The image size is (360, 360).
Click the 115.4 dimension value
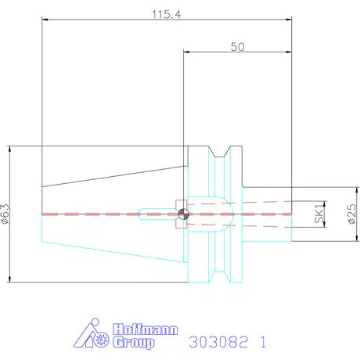167,14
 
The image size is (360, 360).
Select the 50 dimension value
238,47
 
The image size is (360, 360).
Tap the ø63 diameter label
5,214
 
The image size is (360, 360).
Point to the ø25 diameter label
352,214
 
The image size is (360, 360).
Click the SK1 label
319,214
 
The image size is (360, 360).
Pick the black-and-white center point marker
183,214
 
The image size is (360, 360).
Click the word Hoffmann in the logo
146,329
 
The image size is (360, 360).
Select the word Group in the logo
134,343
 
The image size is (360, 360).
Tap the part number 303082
218,342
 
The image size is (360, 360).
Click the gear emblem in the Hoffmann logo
101,340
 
